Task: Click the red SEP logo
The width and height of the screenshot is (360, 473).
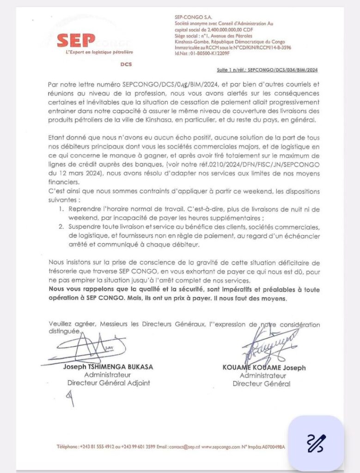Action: (76, 41)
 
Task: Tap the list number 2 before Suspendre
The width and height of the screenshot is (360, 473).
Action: (62, 227)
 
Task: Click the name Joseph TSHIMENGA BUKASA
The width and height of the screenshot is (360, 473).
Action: (108, 367)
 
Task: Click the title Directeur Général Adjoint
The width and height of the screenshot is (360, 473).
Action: (109, 382)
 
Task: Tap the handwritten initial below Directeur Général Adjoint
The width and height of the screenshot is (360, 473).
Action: (71, 397)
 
